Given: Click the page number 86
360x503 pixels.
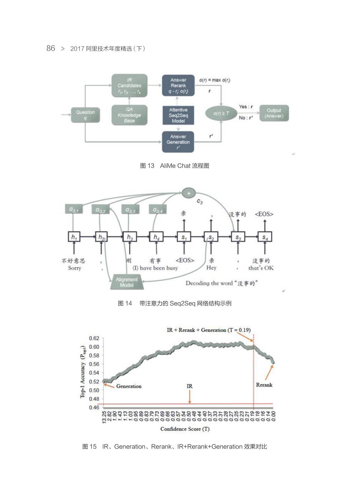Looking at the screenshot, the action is point(51,48).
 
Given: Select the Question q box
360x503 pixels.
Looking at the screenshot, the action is point(85,115).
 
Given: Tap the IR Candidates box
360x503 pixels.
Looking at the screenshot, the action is point(130,86).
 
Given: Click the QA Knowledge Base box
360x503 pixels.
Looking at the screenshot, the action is point(129,115).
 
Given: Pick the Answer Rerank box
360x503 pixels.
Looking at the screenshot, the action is point(178,86).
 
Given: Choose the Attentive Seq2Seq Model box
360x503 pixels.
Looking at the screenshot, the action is point(178,115).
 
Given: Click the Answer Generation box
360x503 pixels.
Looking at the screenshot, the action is point(178,142).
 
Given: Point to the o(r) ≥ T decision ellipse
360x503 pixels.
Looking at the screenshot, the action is point(221,113).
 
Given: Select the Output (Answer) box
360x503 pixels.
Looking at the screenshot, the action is point(274,113).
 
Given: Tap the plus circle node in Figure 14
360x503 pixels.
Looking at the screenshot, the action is point(189,193).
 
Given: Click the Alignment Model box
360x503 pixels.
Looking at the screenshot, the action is point(126,282).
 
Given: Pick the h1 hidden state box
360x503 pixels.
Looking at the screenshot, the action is point(74,237).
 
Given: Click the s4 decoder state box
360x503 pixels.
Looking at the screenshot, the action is point(265,237).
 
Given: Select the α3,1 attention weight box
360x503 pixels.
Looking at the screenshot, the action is point(74,209).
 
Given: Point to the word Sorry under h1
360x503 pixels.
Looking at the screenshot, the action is point(74,268).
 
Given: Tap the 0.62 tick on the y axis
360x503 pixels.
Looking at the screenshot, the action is point(94,338).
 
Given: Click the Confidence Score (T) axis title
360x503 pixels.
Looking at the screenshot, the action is point(185,429).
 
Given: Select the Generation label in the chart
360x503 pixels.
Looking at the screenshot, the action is point(129,386).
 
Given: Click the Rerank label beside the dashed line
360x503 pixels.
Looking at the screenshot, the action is point(264,385).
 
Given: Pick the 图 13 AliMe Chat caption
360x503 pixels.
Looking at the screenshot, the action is point(174,166).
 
